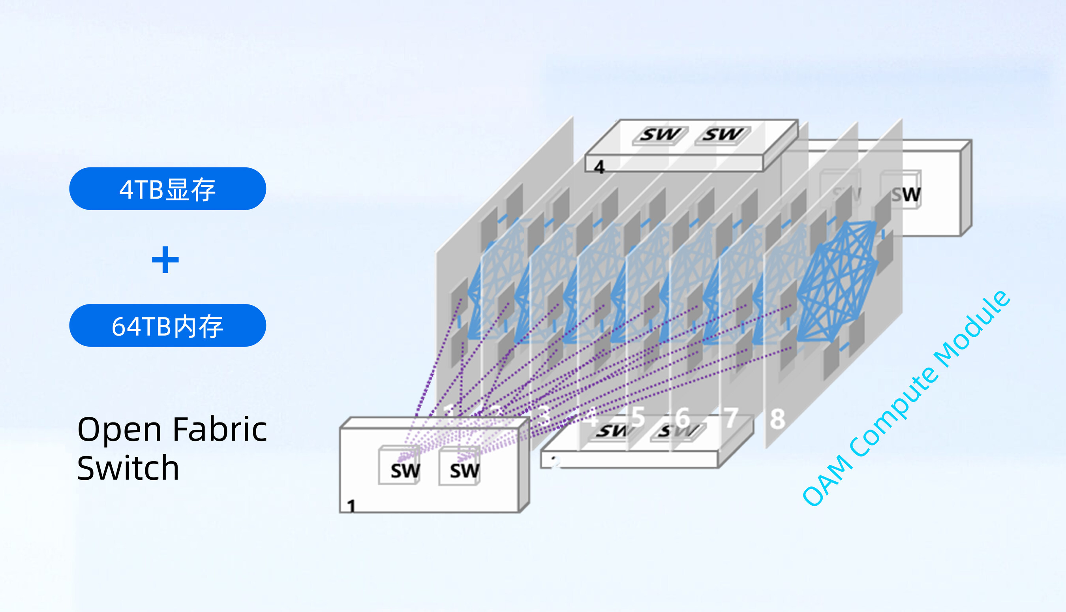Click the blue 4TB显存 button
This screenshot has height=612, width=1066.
[x=167, y=189]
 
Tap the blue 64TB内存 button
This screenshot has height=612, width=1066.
[x=167, y=326]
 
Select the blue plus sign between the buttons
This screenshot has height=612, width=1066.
[x=165, y=260]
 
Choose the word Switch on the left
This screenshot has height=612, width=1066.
[x=128, y=468]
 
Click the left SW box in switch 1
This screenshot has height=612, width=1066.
[x=404, y=470]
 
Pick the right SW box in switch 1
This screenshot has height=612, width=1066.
[x=464, y=470]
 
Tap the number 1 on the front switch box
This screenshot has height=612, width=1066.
[x=351, y=506]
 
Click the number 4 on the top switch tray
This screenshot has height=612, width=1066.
[x=599, y=167]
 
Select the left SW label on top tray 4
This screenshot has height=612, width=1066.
[x=660, y=135]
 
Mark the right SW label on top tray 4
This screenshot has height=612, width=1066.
[x=722, y=135]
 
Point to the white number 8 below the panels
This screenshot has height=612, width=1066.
[x=777, y=419]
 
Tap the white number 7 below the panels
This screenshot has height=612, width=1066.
[x=731, y=418]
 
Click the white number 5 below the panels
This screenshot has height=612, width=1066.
[x=638, y=417]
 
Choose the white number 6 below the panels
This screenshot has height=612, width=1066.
[x=683, y=417]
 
